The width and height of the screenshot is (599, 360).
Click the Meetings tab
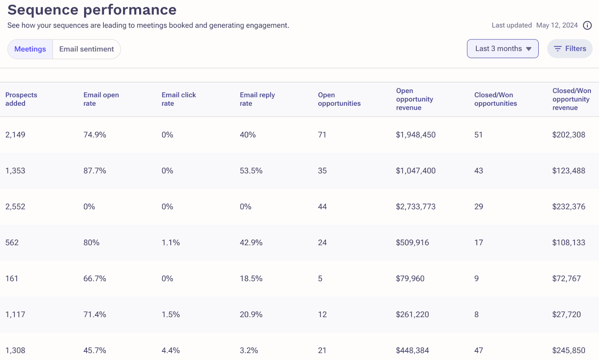click(x=30, y=49)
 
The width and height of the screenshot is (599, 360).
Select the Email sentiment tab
click(x=86, y=49)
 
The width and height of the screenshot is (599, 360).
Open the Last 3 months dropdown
click(x=502, y=49)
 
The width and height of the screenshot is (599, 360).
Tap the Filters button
click(x=570, y=49)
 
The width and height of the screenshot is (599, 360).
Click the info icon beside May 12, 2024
click(x=587, y=25)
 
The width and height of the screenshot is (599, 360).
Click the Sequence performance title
click(x=92, y=10)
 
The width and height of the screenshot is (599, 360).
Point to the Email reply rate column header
click(x=257, y=99)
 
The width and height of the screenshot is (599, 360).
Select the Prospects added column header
click(x=21, y=99)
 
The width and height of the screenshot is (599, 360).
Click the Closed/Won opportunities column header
click(x=495, y=99)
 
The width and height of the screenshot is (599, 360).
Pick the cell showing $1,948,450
click(x=416, y=135)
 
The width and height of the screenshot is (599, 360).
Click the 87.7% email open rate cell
click(x=95, y=171)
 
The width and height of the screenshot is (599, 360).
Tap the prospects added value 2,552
click(x=15, y=207)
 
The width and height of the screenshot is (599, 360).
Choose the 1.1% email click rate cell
click(x=171, y=243)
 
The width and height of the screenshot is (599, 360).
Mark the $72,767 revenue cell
click(x=566, y=279)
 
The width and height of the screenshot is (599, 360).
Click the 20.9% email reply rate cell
click(x=251, y=315)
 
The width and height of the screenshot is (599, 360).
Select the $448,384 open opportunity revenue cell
click(x=412, y=351)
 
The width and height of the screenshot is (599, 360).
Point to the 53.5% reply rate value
click(x=251, y=171)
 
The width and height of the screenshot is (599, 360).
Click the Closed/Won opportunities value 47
click(x=478, y=351)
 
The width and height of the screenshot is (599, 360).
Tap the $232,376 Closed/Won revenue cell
click(x=568, y=207)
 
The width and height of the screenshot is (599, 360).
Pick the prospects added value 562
click(x=12, y=243)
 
